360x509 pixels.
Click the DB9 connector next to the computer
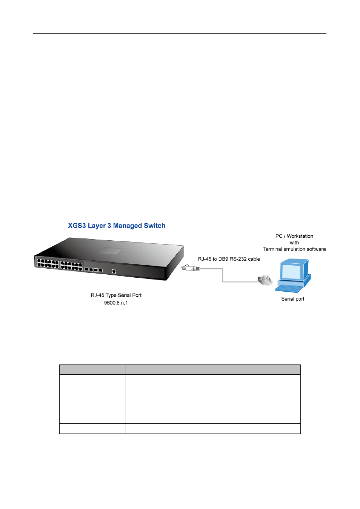pyautogui.click(x=265, y=280)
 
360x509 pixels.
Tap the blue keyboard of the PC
pyautogui.click(x=289, y=289)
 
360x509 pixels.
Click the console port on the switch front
pyautogui.click(x=114, y=271)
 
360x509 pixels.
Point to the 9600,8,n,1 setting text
pyautogui.click(x=116, y=303)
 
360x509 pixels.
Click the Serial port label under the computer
pyautogui.click(x=293, y=299)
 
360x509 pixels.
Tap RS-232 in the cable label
pyautogui.click(x=238, y=259)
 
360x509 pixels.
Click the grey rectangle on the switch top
pyautogui.click(x=111, y=251)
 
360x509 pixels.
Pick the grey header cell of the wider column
pyautogui.click(x=213, y=369)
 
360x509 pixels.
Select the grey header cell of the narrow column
pyautogui.click(x=92, y=369)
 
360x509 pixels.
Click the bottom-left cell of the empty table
pyautogui.click(x=92, y=429)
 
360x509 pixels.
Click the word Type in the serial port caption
pyautogui.click(x=111, y=295)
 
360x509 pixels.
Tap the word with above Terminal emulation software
pyautogui.click(x=294, y=243)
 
